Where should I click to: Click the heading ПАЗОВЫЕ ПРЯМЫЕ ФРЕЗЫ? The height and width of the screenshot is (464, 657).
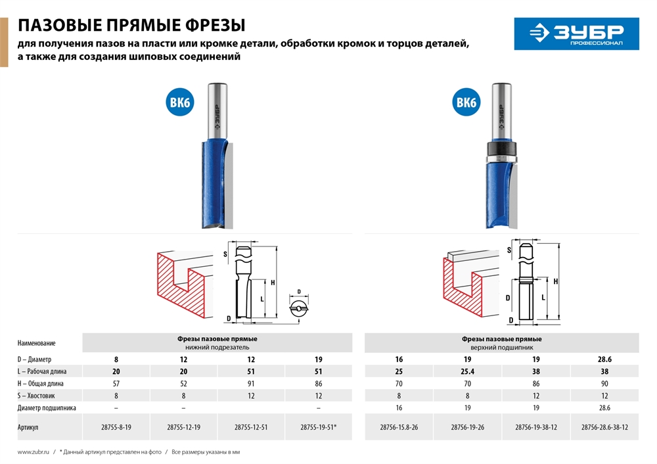click(131, 26)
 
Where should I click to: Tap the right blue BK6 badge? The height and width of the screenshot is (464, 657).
click(466, 103)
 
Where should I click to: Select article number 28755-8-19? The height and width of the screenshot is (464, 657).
click(116, 427)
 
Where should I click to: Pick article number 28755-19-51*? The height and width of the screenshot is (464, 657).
click(319, 427)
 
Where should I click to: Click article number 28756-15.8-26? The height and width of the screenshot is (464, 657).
click(399, 427)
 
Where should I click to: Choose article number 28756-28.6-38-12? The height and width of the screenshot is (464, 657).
click(604, 427)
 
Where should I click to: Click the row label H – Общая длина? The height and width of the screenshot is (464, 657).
click(44, 383)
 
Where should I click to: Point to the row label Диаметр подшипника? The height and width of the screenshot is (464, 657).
click(47, 407)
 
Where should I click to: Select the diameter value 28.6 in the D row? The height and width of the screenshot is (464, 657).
click(604, 360)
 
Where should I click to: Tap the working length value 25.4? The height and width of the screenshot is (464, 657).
click(468, 371)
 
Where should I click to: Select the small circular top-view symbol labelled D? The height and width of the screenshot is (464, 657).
click(300, 307)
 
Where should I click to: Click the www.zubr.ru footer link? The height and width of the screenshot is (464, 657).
click(31, 452)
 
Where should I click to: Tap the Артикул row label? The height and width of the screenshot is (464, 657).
click(28, 427)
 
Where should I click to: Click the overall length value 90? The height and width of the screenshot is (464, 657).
click(604, 383)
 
